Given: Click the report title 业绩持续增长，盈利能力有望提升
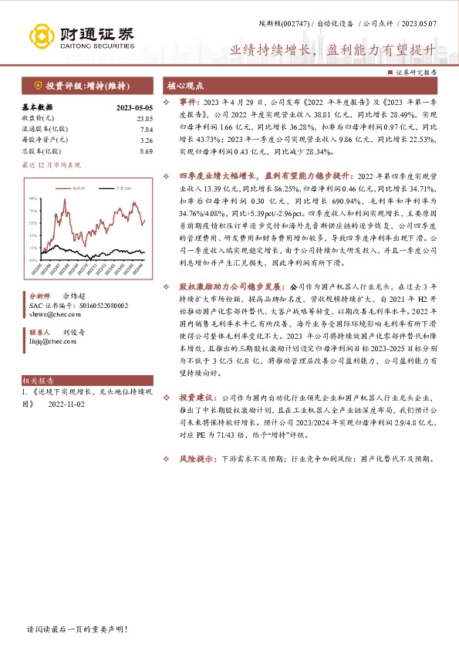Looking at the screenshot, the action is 327,49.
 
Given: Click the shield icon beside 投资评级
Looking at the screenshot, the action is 36,86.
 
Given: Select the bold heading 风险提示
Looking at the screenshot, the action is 197,459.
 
